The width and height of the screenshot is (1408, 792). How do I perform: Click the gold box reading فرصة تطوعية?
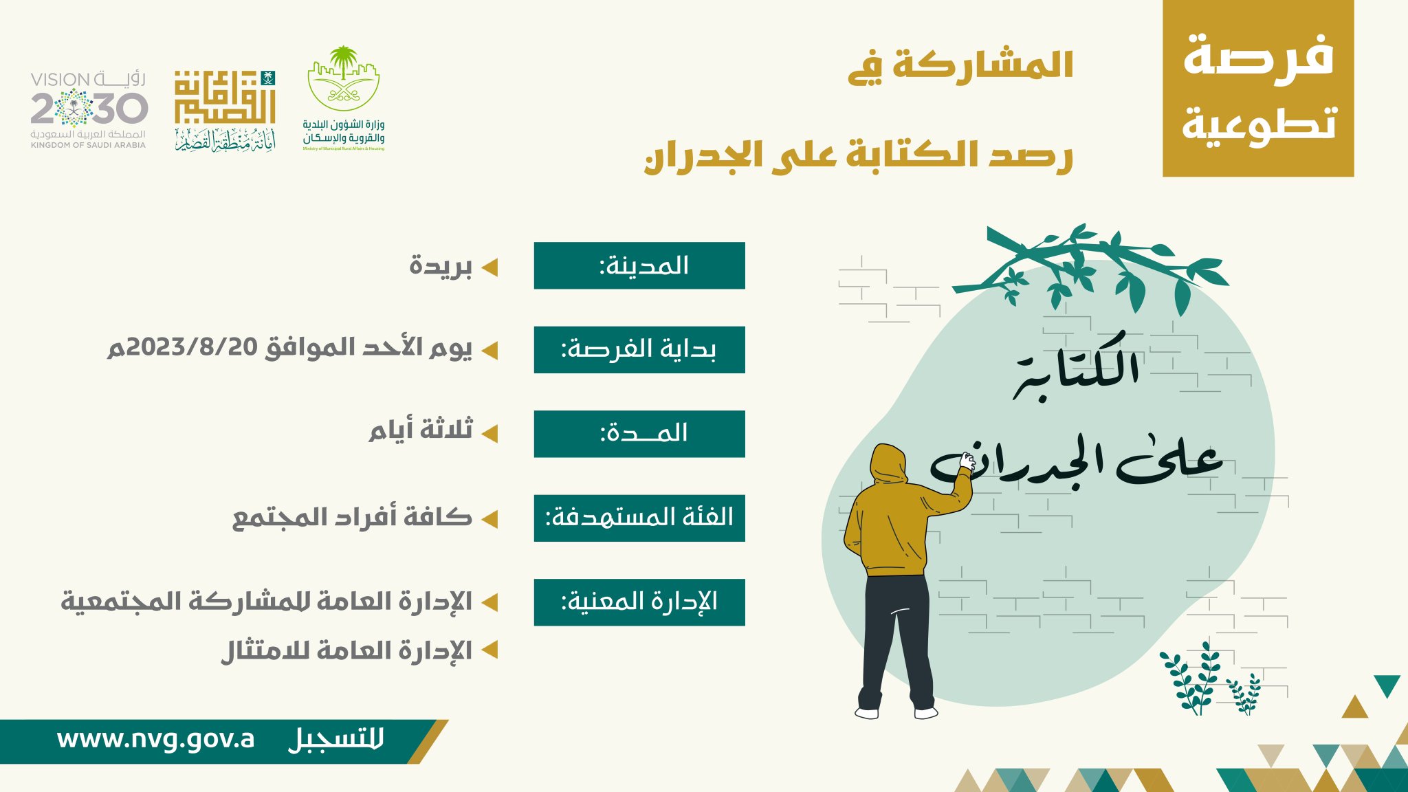point(1258,89)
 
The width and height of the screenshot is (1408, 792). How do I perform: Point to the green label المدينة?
point(639,265)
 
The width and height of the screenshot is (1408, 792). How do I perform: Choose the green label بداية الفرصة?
point(639,350)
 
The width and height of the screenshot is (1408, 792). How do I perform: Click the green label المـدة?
point(639,434)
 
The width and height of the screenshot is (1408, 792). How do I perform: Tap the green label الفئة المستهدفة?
point(639,518)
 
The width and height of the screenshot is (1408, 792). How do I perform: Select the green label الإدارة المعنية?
point(639,602)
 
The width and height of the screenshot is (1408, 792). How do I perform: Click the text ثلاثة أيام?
point(421,430)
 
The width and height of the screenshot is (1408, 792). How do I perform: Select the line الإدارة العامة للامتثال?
point(346,650)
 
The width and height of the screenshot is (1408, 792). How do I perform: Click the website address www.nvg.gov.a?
point(155,740)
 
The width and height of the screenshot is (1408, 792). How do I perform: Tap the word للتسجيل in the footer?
point(336,740)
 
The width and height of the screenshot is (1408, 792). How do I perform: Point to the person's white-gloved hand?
point(968,461)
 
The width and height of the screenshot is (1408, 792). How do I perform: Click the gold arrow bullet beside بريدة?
point(489,267)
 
